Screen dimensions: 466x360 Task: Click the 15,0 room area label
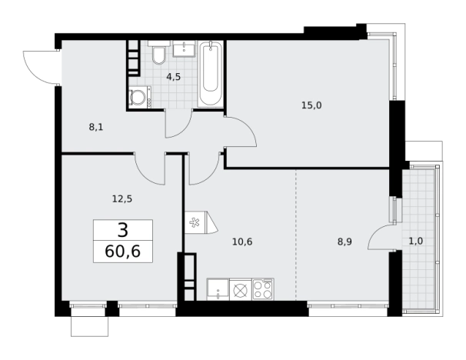click(x=311, y=105)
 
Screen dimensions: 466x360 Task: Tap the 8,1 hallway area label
click(x=96, y=127)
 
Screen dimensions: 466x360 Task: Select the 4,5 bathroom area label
click(x=174, y=77)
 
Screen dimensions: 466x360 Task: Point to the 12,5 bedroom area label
click(x=122, y=198)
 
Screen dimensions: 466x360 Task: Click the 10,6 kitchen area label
click(x=242, y=242)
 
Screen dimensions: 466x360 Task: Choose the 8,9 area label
click(x=345, y=242)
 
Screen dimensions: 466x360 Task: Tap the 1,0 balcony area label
click(x=416, y=241)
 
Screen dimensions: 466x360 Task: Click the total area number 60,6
click(x=123, y=252)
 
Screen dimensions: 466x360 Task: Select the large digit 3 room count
click(x=123, y=231)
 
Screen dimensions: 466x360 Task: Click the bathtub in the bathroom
click(x=211, y=74)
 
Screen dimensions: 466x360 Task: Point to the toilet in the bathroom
click(x=159, y=54)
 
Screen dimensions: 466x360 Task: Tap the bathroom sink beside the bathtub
click(x=184, y=48)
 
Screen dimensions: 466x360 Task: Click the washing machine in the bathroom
click(x=140, y=97)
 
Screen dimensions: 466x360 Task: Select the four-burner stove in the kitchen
click(x=263, y=289)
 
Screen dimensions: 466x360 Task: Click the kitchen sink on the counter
click(x=218, y=289)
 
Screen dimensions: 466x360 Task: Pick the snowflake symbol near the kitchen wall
click(x=195, y=222)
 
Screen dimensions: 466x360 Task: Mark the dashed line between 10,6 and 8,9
click(x=296, y=235)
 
